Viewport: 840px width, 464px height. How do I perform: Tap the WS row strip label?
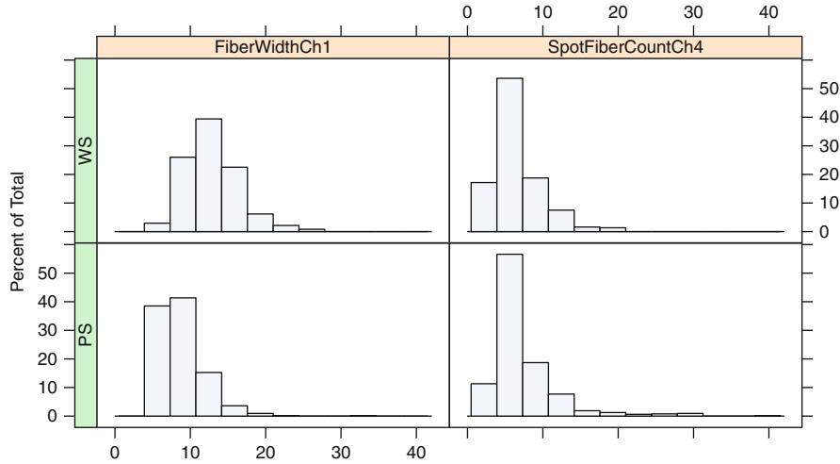(x=86, y=150)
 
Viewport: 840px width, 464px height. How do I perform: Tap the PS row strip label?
(x=86, y=335)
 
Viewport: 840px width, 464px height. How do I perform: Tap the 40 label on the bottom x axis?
(x=416, y=452)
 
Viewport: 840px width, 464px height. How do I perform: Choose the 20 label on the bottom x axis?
(x=266, y=452)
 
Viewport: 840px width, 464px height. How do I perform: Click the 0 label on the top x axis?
(x=468, y=12)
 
